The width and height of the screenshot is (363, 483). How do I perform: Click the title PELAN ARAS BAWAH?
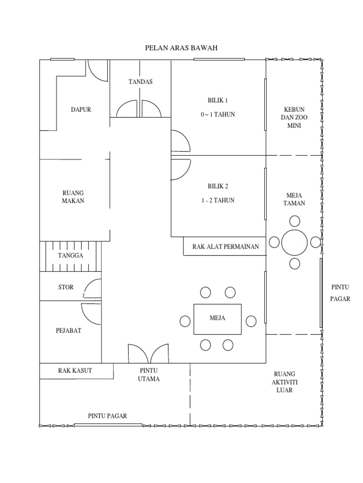click(x=181, y=48)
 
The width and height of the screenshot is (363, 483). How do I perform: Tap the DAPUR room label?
click(x=81, y=109)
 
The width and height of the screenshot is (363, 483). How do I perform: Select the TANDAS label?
click(x=140, y=82)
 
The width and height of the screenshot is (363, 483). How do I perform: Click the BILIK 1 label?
click(x=218, y=100)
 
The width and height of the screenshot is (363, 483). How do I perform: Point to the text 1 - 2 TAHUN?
click(x=218, y=200)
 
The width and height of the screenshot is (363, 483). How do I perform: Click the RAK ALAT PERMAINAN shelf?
click(x=225, y=246)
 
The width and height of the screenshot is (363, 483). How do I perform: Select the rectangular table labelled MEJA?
click(x=217, y=318)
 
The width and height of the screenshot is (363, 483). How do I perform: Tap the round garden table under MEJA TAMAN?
click(x=294, y=242)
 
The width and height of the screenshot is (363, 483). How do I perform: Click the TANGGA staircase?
click(x=70, y=256)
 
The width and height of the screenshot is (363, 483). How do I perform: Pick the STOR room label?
click(x=66, y=287)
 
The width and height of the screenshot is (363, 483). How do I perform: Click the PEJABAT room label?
click(x=69, y=331)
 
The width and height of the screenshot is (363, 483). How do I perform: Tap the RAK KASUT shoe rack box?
click(x=76, y=371)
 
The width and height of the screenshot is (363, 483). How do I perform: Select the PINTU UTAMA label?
click(x=149, y=375)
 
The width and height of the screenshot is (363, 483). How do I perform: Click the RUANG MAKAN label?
click(x=73, y=197)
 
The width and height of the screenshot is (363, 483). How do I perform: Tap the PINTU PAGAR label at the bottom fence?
click(x=107, y=416)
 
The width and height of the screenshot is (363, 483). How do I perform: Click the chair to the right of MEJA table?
click(x=251, y=321)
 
